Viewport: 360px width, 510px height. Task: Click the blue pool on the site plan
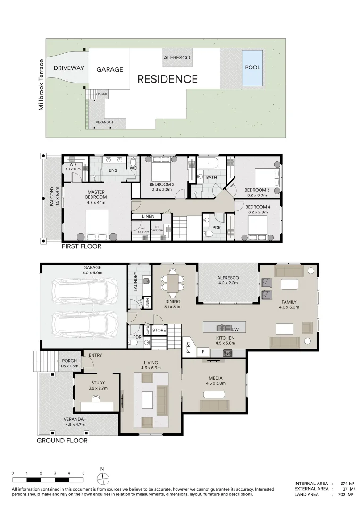click(252, 68)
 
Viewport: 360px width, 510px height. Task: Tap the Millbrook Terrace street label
click(42, 85)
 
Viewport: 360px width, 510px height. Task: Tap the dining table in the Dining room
click(173, 282)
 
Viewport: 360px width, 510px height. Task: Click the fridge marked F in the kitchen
click(203, 351)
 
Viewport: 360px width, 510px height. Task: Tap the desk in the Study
click(97, 406)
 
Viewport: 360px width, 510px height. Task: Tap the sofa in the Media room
click(214, 405)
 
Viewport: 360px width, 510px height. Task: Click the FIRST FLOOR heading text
click(82, 246)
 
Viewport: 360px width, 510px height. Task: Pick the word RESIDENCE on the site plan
click(167, 79)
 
